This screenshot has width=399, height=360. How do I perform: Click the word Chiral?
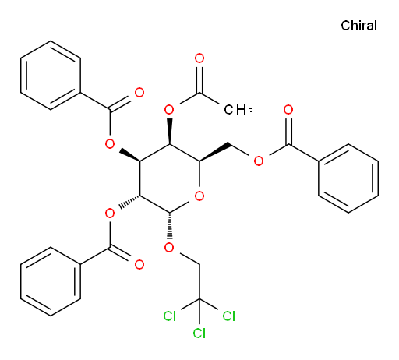click(358, 26)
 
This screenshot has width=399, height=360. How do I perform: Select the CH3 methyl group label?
click(238, 110)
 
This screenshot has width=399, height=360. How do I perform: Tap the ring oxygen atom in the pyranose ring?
click(199, 196)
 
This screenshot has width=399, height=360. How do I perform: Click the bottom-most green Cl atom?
click(199, 333)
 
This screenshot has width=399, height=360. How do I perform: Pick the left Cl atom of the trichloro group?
click(170, 316)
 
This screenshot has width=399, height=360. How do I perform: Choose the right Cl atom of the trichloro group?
click(229, 316)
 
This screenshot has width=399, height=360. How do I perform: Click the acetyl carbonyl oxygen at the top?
click(199, 58)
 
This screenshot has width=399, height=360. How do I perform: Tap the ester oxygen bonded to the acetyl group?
click(169, 110)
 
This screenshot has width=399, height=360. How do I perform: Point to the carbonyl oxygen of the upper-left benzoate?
click(139, 93)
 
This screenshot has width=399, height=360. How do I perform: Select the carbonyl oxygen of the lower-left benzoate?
click(139, 264)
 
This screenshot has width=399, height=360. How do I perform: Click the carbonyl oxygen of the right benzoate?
click(288, 110)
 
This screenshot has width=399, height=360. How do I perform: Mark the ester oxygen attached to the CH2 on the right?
click(259, 161)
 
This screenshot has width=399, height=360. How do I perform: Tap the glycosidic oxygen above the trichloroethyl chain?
click(169, 247)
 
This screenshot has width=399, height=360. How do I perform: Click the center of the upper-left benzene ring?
click(51, 76)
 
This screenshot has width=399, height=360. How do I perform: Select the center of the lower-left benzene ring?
click(51, 281)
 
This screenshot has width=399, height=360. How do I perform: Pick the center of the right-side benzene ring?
click(348, 178)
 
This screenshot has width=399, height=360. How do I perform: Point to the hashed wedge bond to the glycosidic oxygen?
click(169, 225)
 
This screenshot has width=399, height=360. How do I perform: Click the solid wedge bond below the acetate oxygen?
click(169, 132)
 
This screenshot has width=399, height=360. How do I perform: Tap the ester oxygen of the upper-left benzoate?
click(110, 143)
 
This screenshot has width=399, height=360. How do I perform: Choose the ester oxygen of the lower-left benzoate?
click(110, 214)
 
